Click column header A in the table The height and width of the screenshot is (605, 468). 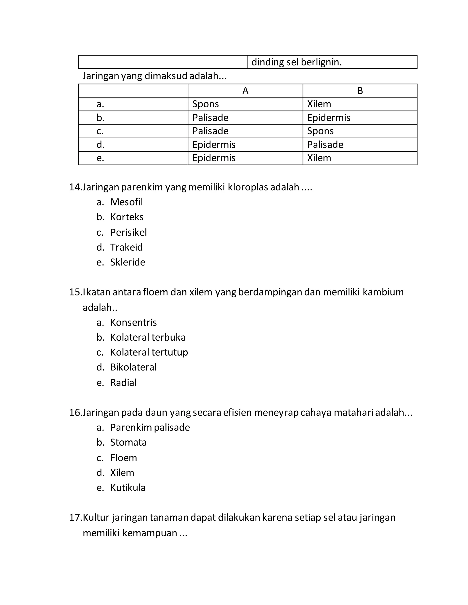click(245, 91)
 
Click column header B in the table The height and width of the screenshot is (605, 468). click(360, 91)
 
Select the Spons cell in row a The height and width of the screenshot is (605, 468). click(205, 104)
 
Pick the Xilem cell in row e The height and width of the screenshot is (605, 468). click(319, 158)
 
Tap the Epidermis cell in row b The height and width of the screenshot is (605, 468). click(329, 118)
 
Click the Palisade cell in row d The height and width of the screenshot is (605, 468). click(325, 145)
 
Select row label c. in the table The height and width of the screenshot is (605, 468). click(100, 131)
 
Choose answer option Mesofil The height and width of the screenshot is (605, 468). click(126, 202)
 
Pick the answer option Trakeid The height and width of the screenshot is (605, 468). click(126, 247)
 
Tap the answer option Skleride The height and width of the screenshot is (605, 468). click(128, 262)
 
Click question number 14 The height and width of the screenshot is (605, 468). click(75, 187)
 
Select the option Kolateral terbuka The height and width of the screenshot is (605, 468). click(148, 337)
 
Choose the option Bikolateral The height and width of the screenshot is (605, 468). click(133, 367)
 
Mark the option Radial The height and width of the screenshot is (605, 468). click(123, 383)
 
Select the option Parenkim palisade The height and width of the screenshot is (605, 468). click(150, 427)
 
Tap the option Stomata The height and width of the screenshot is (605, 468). click(128, 442)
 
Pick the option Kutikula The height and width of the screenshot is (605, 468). click(128, 488)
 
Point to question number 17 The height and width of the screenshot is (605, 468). click(75, 518)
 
